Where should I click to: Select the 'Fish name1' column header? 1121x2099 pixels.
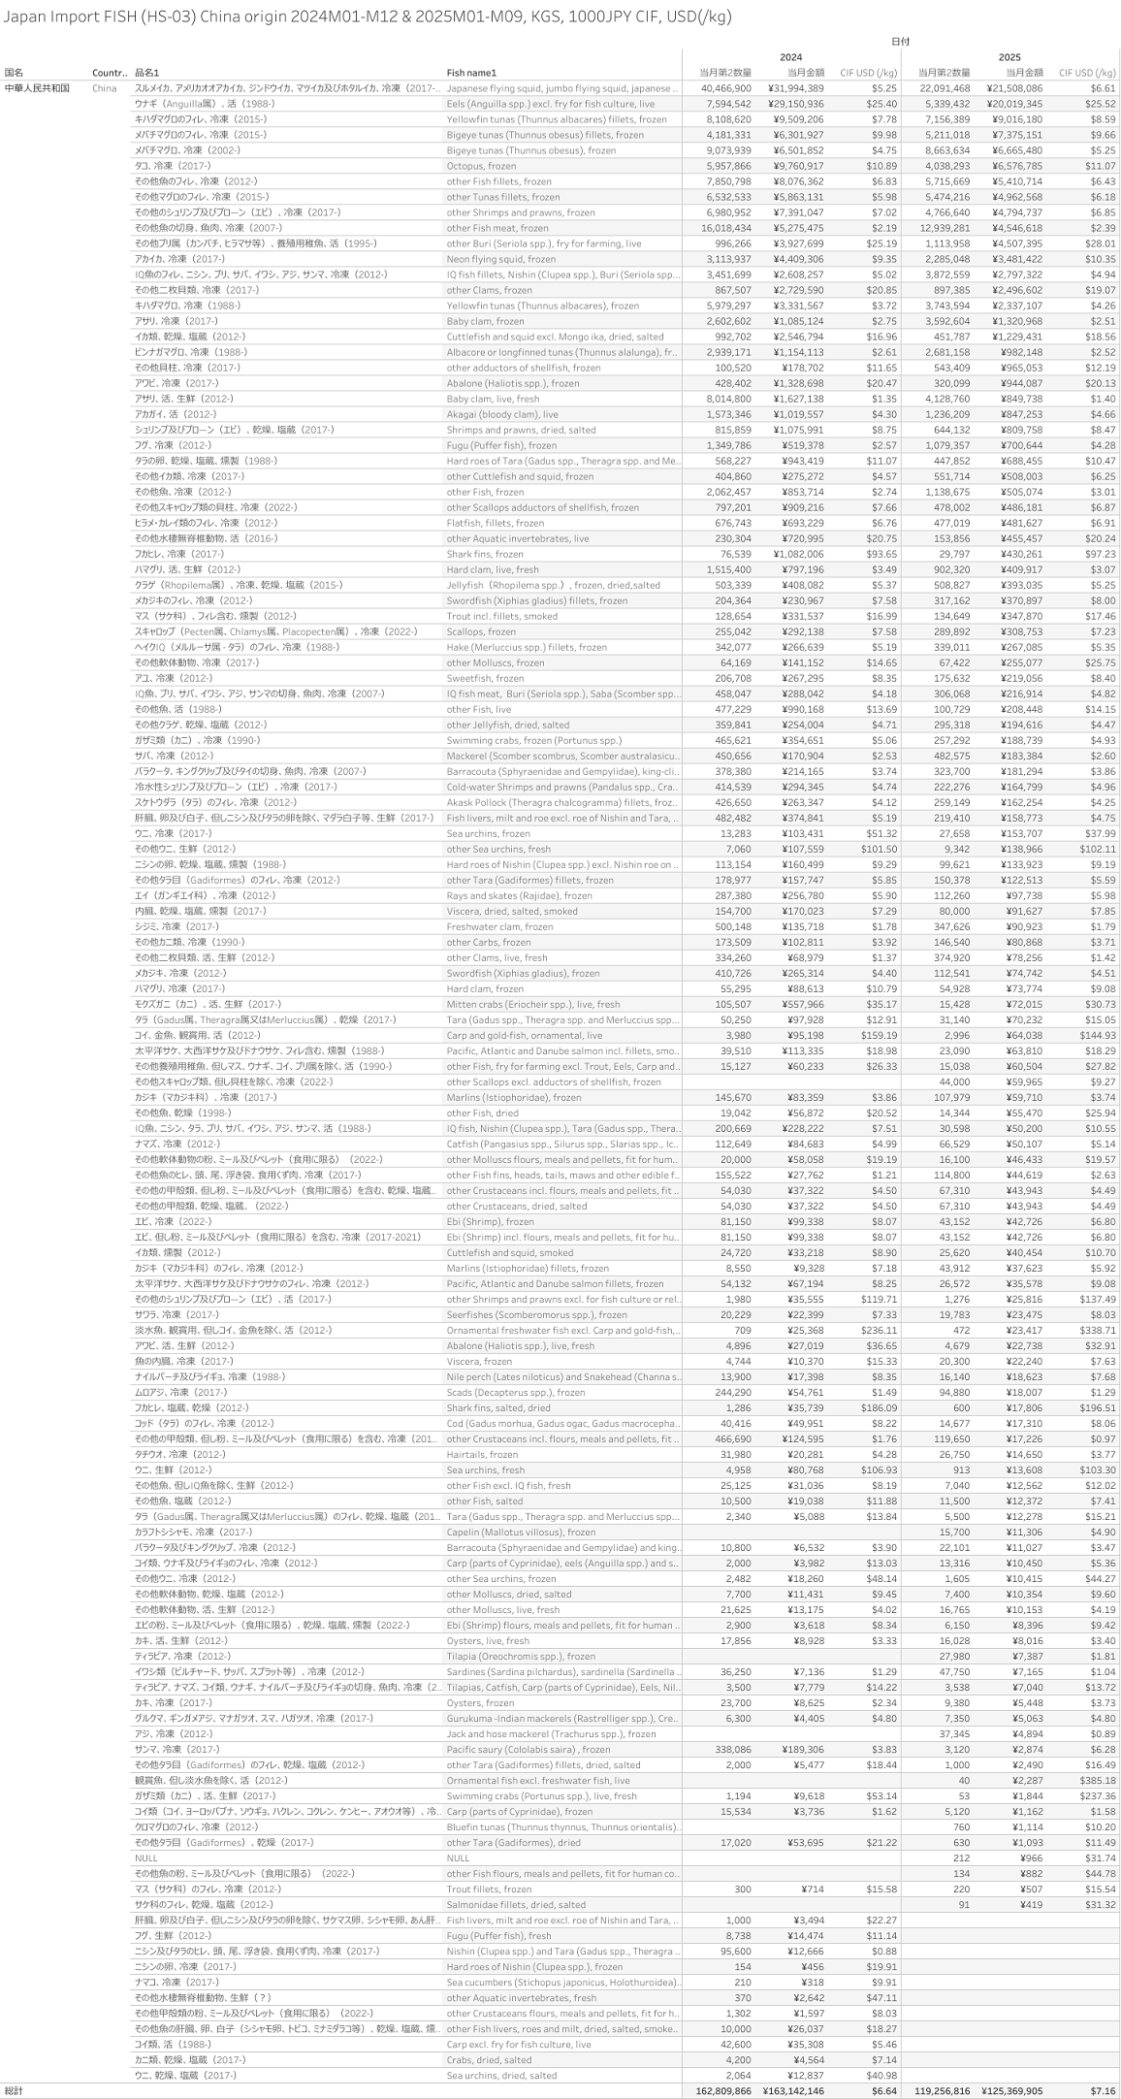tap(471, 73)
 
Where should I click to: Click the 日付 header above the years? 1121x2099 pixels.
tap(901, 42)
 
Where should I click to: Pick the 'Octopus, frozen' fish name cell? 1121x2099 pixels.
tap(481, 166)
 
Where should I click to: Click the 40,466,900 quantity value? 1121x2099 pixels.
tap(724, 88)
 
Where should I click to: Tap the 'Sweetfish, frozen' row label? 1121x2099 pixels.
tap(485, 678)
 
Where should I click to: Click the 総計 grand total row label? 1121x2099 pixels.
tap(14, 2090)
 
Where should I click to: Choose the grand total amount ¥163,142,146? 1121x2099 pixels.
tap(792, 2090)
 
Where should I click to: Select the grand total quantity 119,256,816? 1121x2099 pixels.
tap(943, 2090)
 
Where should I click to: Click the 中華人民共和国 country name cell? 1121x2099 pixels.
tap(37, 88)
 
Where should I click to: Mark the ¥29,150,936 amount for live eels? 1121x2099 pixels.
tap(796, 104)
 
